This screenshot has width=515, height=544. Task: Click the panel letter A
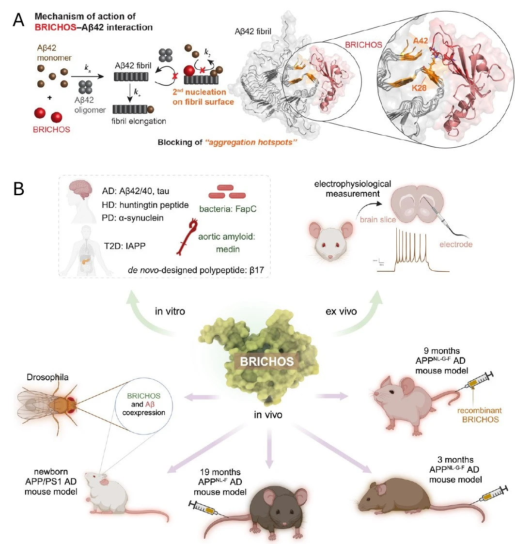[19, 20]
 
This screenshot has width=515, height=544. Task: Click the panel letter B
[19, 189]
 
